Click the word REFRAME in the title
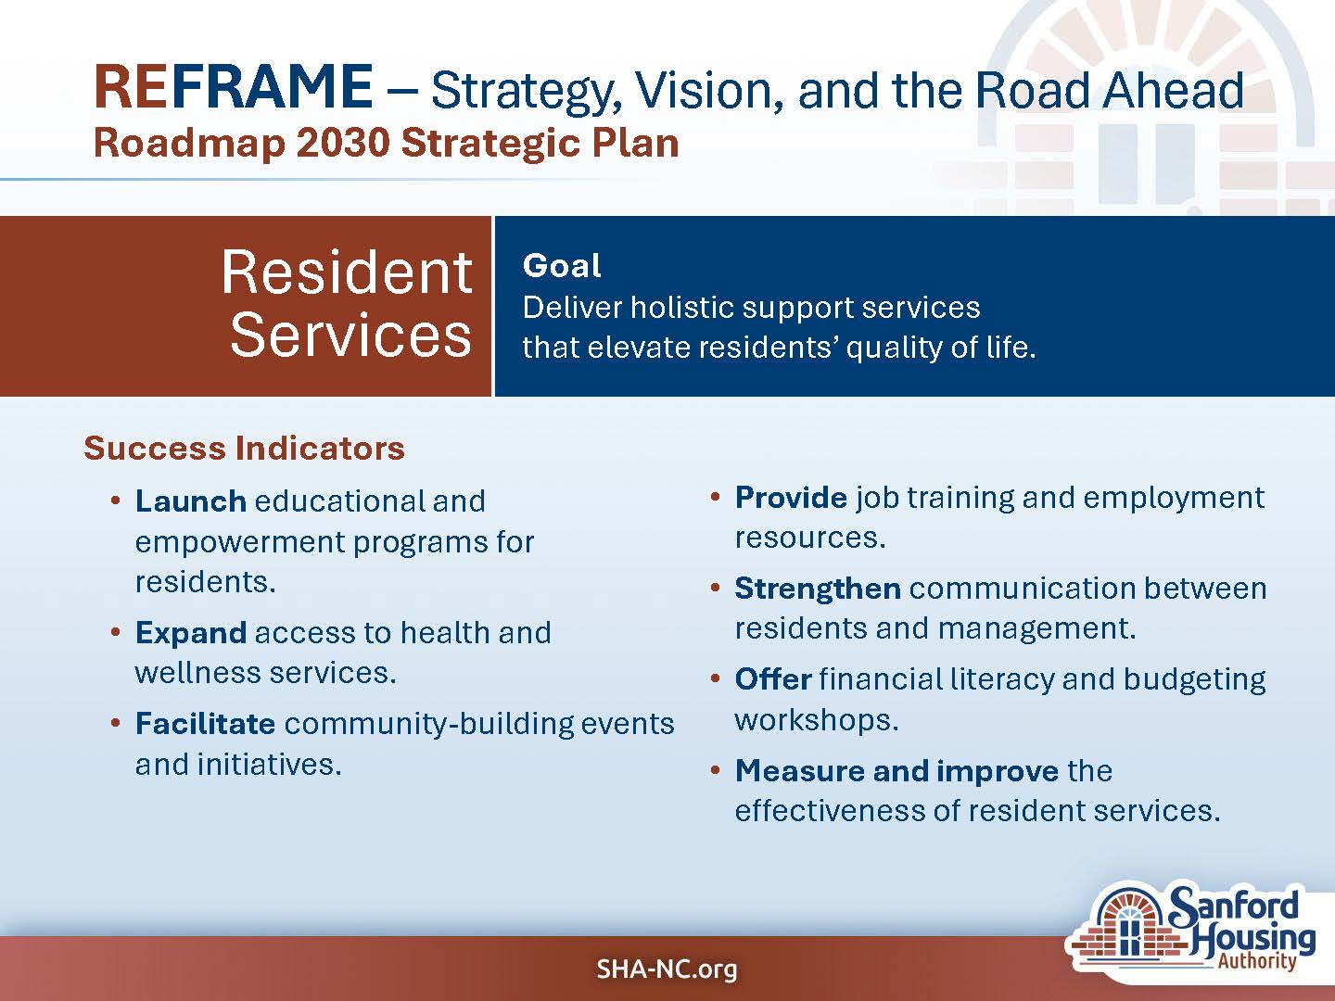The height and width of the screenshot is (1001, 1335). click(234, 87)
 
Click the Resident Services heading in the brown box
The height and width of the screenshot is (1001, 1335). click(348, 303)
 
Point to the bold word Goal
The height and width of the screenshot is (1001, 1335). click(562, 266)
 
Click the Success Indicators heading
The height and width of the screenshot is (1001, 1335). click(244, 449)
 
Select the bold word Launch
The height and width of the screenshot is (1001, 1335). click(190, 501)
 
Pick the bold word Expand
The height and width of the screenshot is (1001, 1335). click(190, 634)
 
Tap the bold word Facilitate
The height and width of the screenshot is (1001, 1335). click(205, 723)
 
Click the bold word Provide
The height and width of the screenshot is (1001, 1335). click(791, 498)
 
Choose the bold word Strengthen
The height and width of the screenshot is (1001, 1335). click(818, 589)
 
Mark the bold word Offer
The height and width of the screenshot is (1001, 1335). click(773, 678)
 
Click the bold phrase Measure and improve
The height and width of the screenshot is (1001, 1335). click(897, 771)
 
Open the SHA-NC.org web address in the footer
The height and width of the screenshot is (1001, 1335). click(667, 969)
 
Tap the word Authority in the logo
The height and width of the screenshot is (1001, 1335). click(1256, 961)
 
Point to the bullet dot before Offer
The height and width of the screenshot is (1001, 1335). click(715, 678)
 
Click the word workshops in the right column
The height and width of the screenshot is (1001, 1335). click(816, 720)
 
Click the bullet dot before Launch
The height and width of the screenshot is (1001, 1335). click(116, 501)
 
